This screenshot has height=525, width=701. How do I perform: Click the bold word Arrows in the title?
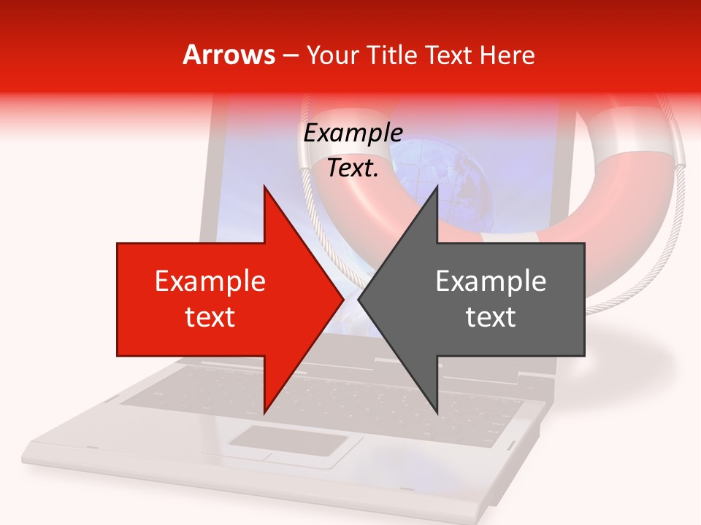[x=229, y=55]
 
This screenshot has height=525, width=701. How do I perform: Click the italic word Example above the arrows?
[x=353, y=133]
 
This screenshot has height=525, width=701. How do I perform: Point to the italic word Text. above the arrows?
[x=353, y=168]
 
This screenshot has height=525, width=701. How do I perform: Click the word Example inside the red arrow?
[x=210, y=281]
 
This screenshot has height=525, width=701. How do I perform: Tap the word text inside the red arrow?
[x=210, y=316]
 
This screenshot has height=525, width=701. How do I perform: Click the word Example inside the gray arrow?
[x=491, y=281]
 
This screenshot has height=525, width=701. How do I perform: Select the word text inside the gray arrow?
[x=491, y=316]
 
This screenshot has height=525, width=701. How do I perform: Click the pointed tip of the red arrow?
[x=343, y=300]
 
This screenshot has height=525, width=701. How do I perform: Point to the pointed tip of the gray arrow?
[x=359, y=300]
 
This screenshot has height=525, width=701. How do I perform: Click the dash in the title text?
[x=289, y=56]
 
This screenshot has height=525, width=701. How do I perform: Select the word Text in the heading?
[x=448, y=55]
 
